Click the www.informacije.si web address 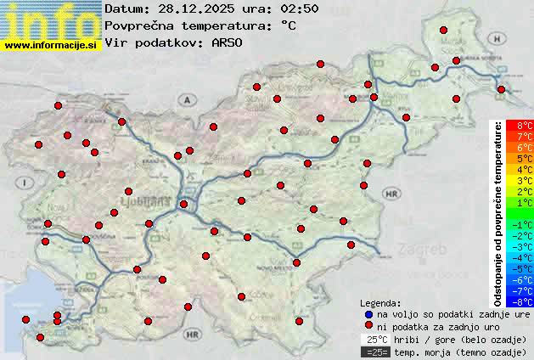point(51,44)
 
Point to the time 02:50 point(277,8)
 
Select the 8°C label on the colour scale point(520,126)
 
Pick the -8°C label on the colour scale point(520,301)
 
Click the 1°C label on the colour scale point(520,203)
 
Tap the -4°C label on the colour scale point(520,257)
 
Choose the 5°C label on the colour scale point(520,159)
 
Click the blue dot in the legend point(368,314)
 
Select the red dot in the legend point(368,326)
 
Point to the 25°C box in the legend point(374,339)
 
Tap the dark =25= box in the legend point(374,352)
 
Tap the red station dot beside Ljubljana point(183,204)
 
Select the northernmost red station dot point(443,30)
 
